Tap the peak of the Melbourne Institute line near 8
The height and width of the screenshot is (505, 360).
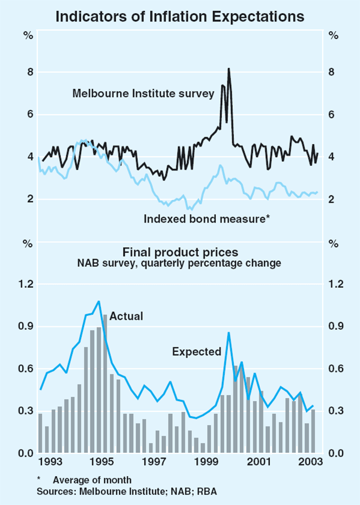(229, 69)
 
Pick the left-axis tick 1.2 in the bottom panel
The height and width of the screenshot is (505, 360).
(25, 284)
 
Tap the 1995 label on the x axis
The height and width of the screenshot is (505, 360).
(103, 463)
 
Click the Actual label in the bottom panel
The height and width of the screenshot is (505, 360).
(126, 316)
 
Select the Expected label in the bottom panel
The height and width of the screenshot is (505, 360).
(197, 351)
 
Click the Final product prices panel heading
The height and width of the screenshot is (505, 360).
(180, 253)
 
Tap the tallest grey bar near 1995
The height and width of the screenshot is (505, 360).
(105, 384)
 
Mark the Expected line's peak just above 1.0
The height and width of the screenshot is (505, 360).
(98, 301)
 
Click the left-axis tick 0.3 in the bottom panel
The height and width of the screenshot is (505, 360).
(25, 411)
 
